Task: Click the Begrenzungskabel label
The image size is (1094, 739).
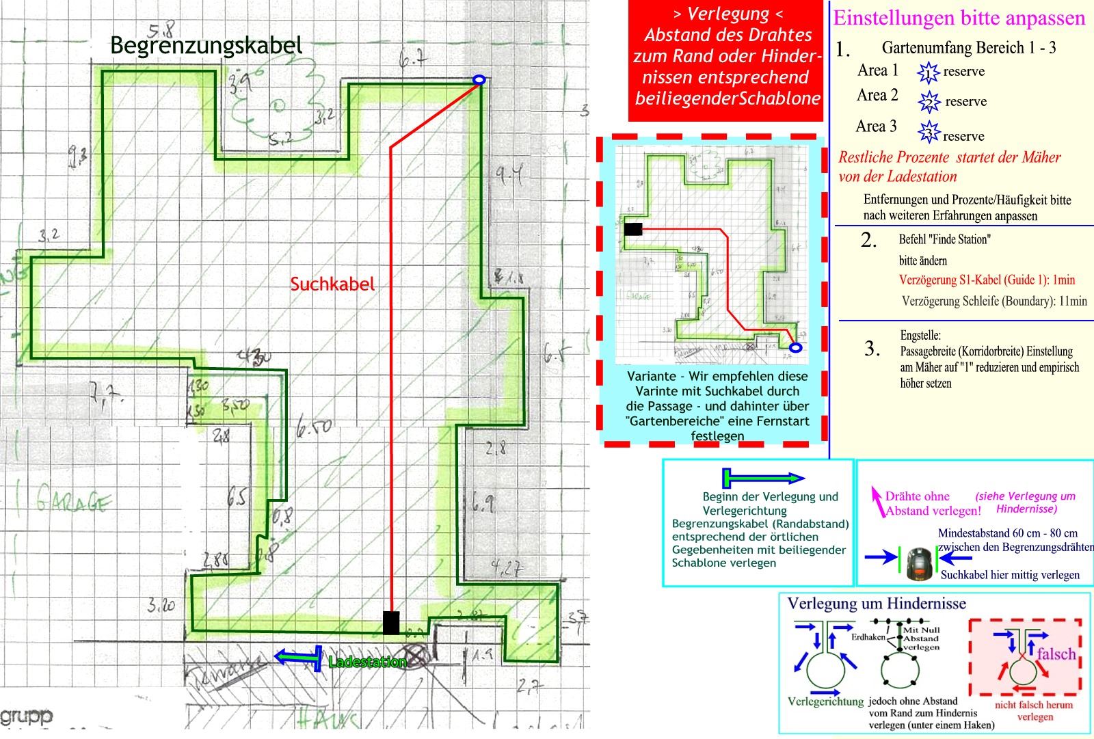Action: [x=206, y=46]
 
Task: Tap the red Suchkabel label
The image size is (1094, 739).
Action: [x=332, y=284]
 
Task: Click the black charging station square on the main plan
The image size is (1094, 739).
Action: [x=391, y=623]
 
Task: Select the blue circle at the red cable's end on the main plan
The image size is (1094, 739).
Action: [x=479, y=80]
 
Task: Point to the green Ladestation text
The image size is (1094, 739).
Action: [x=367, y=662]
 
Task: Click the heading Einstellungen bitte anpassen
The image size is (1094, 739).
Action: [x=959, y=18]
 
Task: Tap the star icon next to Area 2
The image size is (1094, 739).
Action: [x=929, y=101]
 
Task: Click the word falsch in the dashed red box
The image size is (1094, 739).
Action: [x=1056, y=654]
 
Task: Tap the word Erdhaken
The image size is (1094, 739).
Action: [x=868, y=636]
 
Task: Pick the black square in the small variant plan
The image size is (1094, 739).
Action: [x=633, y=229]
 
